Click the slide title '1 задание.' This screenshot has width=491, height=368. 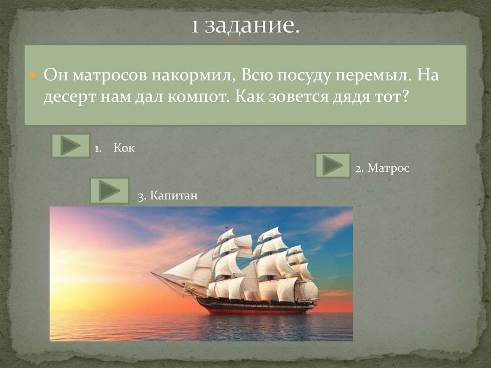[x=245, y=26]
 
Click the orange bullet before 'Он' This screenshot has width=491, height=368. [x=33, y=76]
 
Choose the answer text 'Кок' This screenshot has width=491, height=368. [x=124, y=148]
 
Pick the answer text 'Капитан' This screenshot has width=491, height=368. [x=174, y=196]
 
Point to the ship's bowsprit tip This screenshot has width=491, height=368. [x=152, y=273]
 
